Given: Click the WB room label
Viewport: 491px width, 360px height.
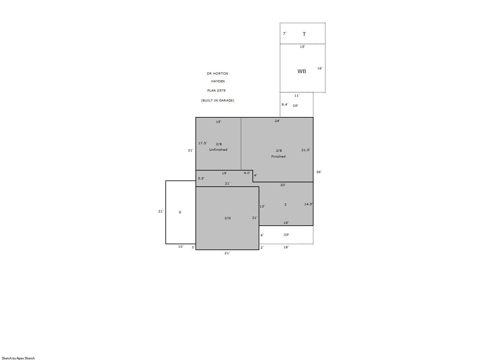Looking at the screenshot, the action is (x=302, y=71).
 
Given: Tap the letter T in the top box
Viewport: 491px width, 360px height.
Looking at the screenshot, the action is (x=304, y=34).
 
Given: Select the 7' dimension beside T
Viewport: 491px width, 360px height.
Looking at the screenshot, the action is (x=284, y=33).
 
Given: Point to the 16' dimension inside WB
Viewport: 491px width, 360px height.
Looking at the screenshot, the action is (x=320, y=68).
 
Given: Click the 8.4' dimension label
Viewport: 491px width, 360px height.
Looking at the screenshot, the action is (x=285, y=104).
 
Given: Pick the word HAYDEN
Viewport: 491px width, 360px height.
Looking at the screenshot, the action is (x=218, y=81).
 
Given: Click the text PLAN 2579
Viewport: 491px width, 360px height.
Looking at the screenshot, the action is (x=216, y=90).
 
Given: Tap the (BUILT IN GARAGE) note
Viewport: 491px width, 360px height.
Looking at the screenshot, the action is (x=217, y=101).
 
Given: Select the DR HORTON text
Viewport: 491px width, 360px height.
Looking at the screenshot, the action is (x=217, y=74).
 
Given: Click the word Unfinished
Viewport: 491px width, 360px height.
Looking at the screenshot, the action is (x=218, y=150).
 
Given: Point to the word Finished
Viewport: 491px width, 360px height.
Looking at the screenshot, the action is (x=278, y=157).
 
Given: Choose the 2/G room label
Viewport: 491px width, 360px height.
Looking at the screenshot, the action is (x=227, y=218).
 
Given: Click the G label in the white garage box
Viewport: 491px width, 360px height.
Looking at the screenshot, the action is (x=180, y=212).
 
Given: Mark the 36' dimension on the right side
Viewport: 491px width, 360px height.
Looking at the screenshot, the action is (x=319, y=172).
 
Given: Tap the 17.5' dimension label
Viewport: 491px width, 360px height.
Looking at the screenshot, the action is (x=203, y=143).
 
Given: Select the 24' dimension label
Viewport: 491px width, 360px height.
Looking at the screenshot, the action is (x=277, y=121).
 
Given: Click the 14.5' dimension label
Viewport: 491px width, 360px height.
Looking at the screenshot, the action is (x=309, y=204).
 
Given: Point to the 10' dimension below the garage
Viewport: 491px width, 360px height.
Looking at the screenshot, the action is (x=181, y=247).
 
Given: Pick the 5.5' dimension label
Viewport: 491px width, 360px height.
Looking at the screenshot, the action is (x=201, y=179).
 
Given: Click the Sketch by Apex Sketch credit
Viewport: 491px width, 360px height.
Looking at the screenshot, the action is (x=18, y=358).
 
